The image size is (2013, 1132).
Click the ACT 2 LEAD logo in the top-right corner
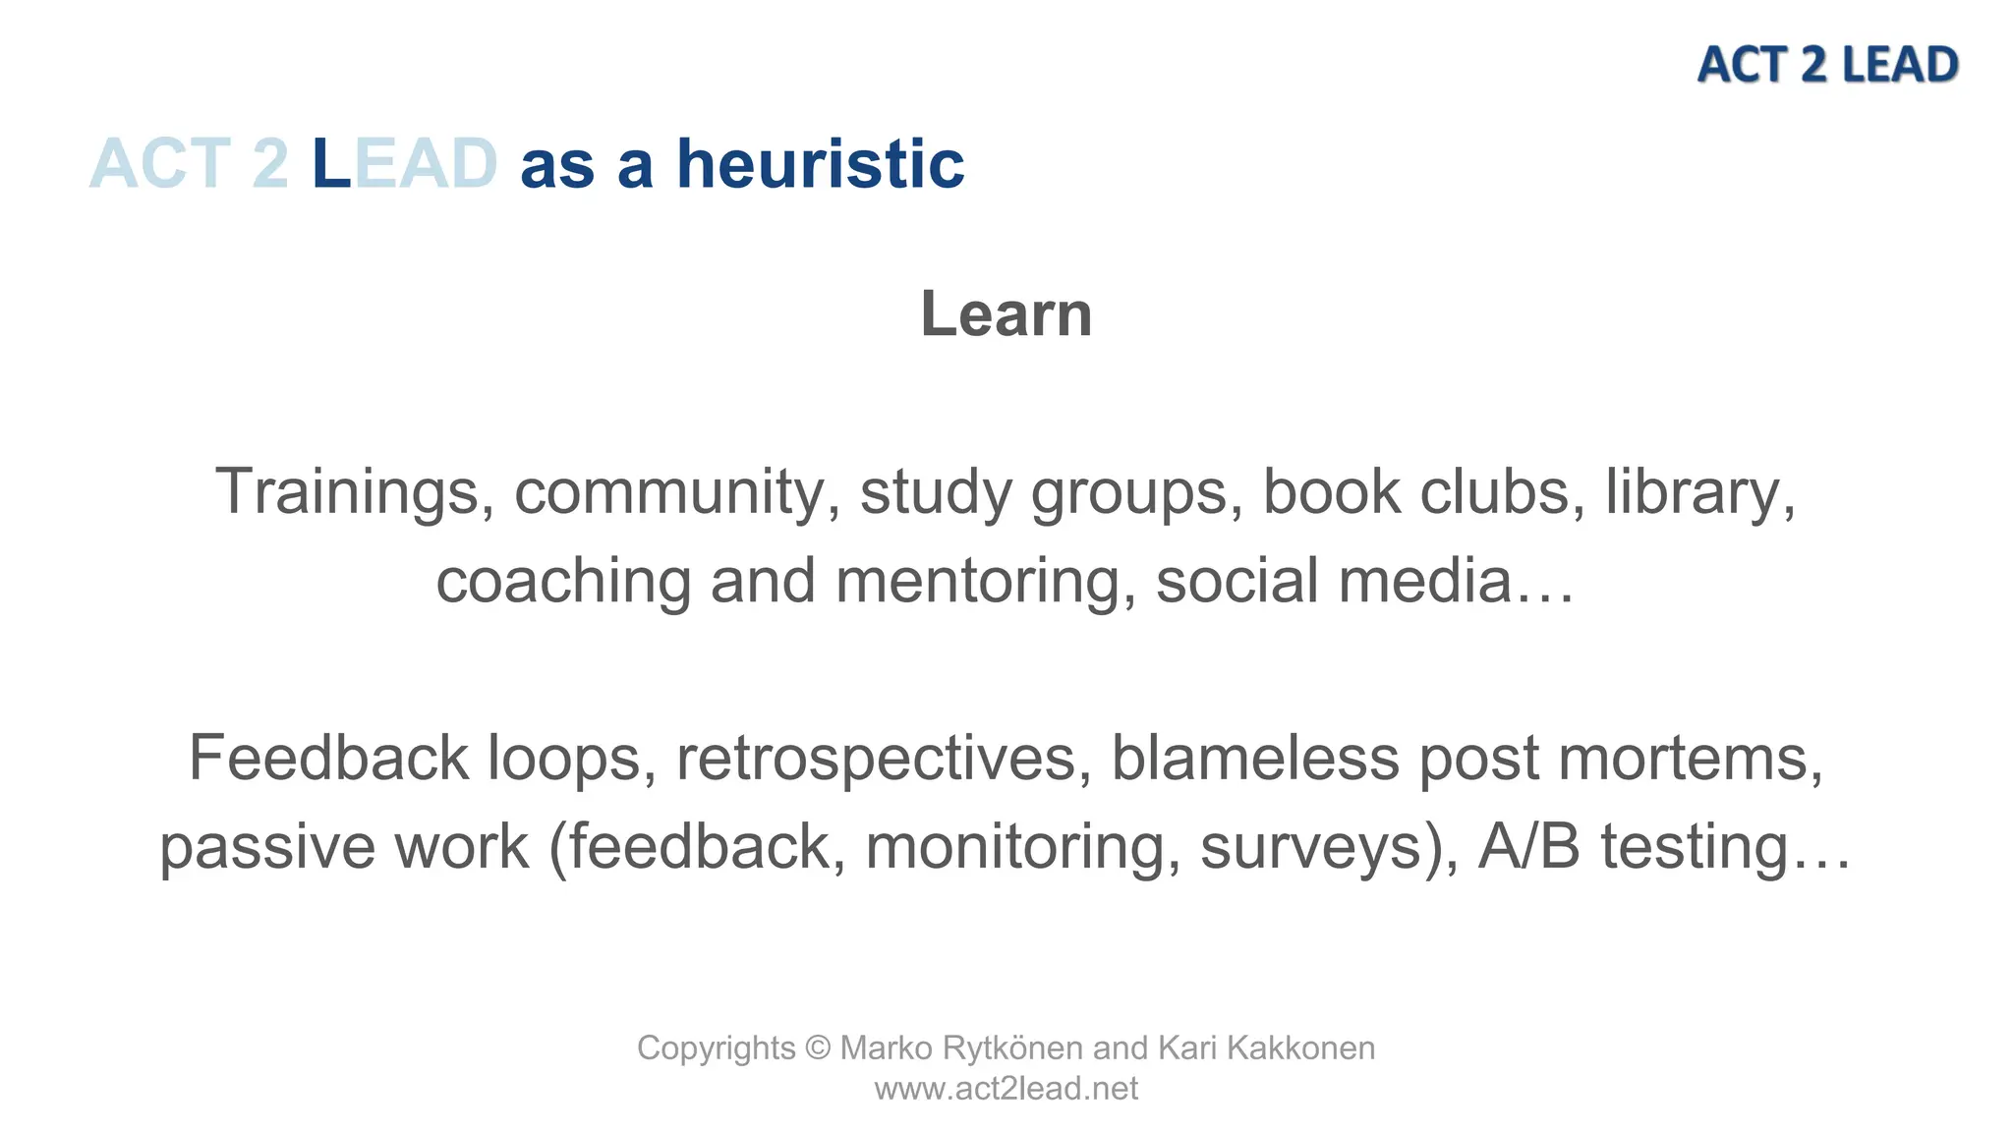(x=1827, y=65)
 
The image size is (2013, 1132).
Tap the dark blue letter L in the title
(x=331, y=164)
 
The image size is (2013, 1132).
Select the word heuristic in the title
(x=820, y=164)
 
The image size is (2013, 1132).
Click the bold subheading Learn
(x=1006, y=314)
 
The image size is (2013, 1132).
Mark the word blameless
(x=1255, y=759)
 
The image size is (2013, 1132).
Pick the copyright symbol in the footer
(x=818, y=1048)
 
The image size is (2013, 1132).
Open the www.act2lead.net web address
(x=1006, y=1089)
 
